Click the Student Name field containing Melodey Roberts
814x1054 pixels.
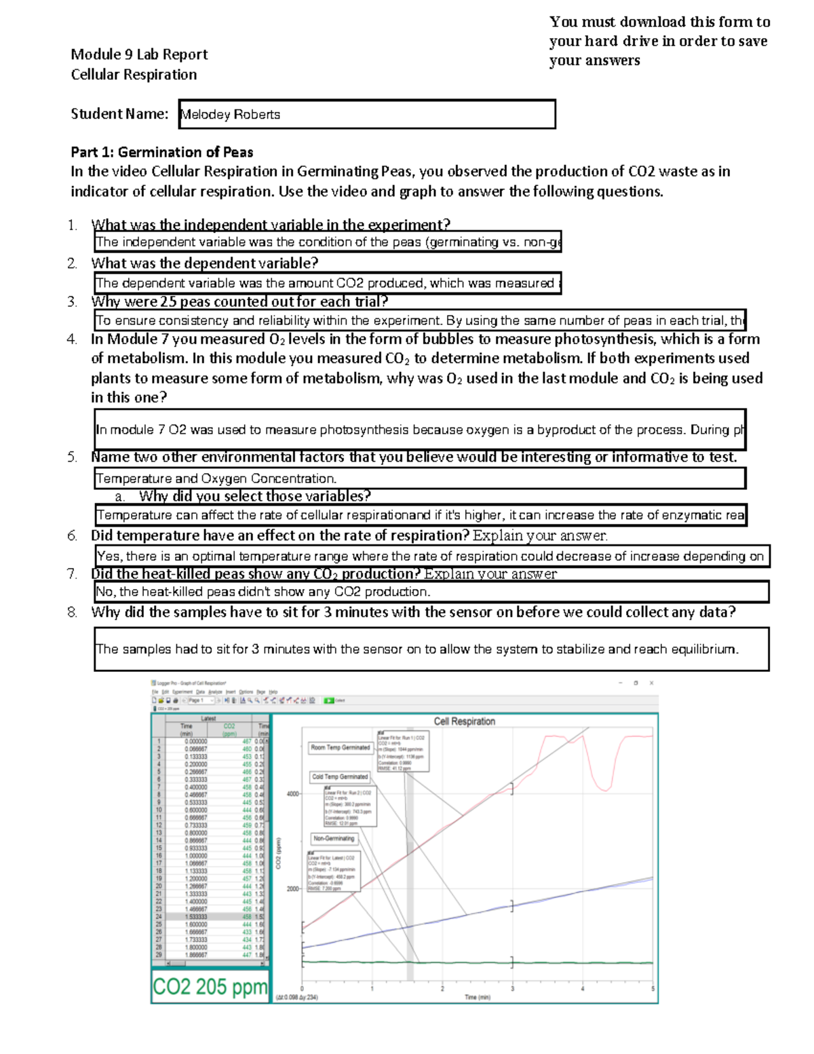tap(366, 114)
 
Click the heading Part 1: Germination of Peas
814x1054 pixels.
tap(162, 152)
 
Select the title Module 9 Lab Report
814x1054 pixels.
tap(139, 54)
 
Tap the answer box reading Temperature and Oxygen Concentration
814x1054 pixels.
tap(419, 478)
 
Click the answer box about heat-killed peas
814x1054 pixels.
tap(431, 592)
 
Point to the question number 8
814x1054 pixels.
tap(72, 612)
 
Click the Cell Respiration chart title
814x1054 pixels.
tap(465, 721)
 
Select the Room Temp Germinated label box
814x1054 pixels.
tap(341, 747)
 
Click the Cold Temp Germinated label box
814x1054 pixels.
tap(340, 776)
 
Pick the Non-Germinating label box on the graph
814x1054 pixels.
tap(334, 838)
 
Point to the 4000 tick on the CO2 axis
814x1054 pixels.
tap(292, 793)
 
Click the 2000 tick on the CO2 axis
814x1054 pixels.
tap(292, 888)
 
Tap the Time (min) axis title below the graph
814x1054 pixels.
tap(478, 997)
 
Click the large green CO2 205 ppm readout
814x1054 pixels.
tap(210, 986)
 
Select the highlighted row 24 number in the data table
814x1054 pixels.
tap(159, 916)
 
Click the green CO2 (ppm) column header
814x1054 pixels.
tap(229, 730)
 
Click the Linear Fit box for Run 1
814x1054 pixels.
tap(403, 750)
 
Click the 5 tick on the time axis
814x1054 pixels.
tap(653, 988)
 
